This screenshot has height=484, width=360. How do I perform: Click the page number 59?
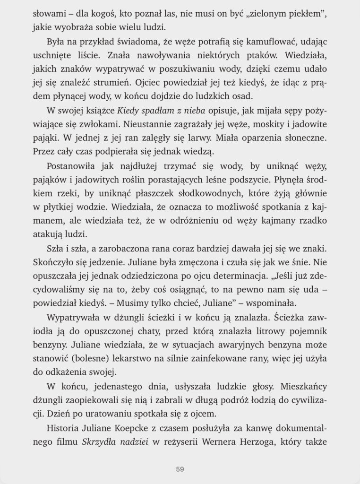(x=180, y=469)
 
